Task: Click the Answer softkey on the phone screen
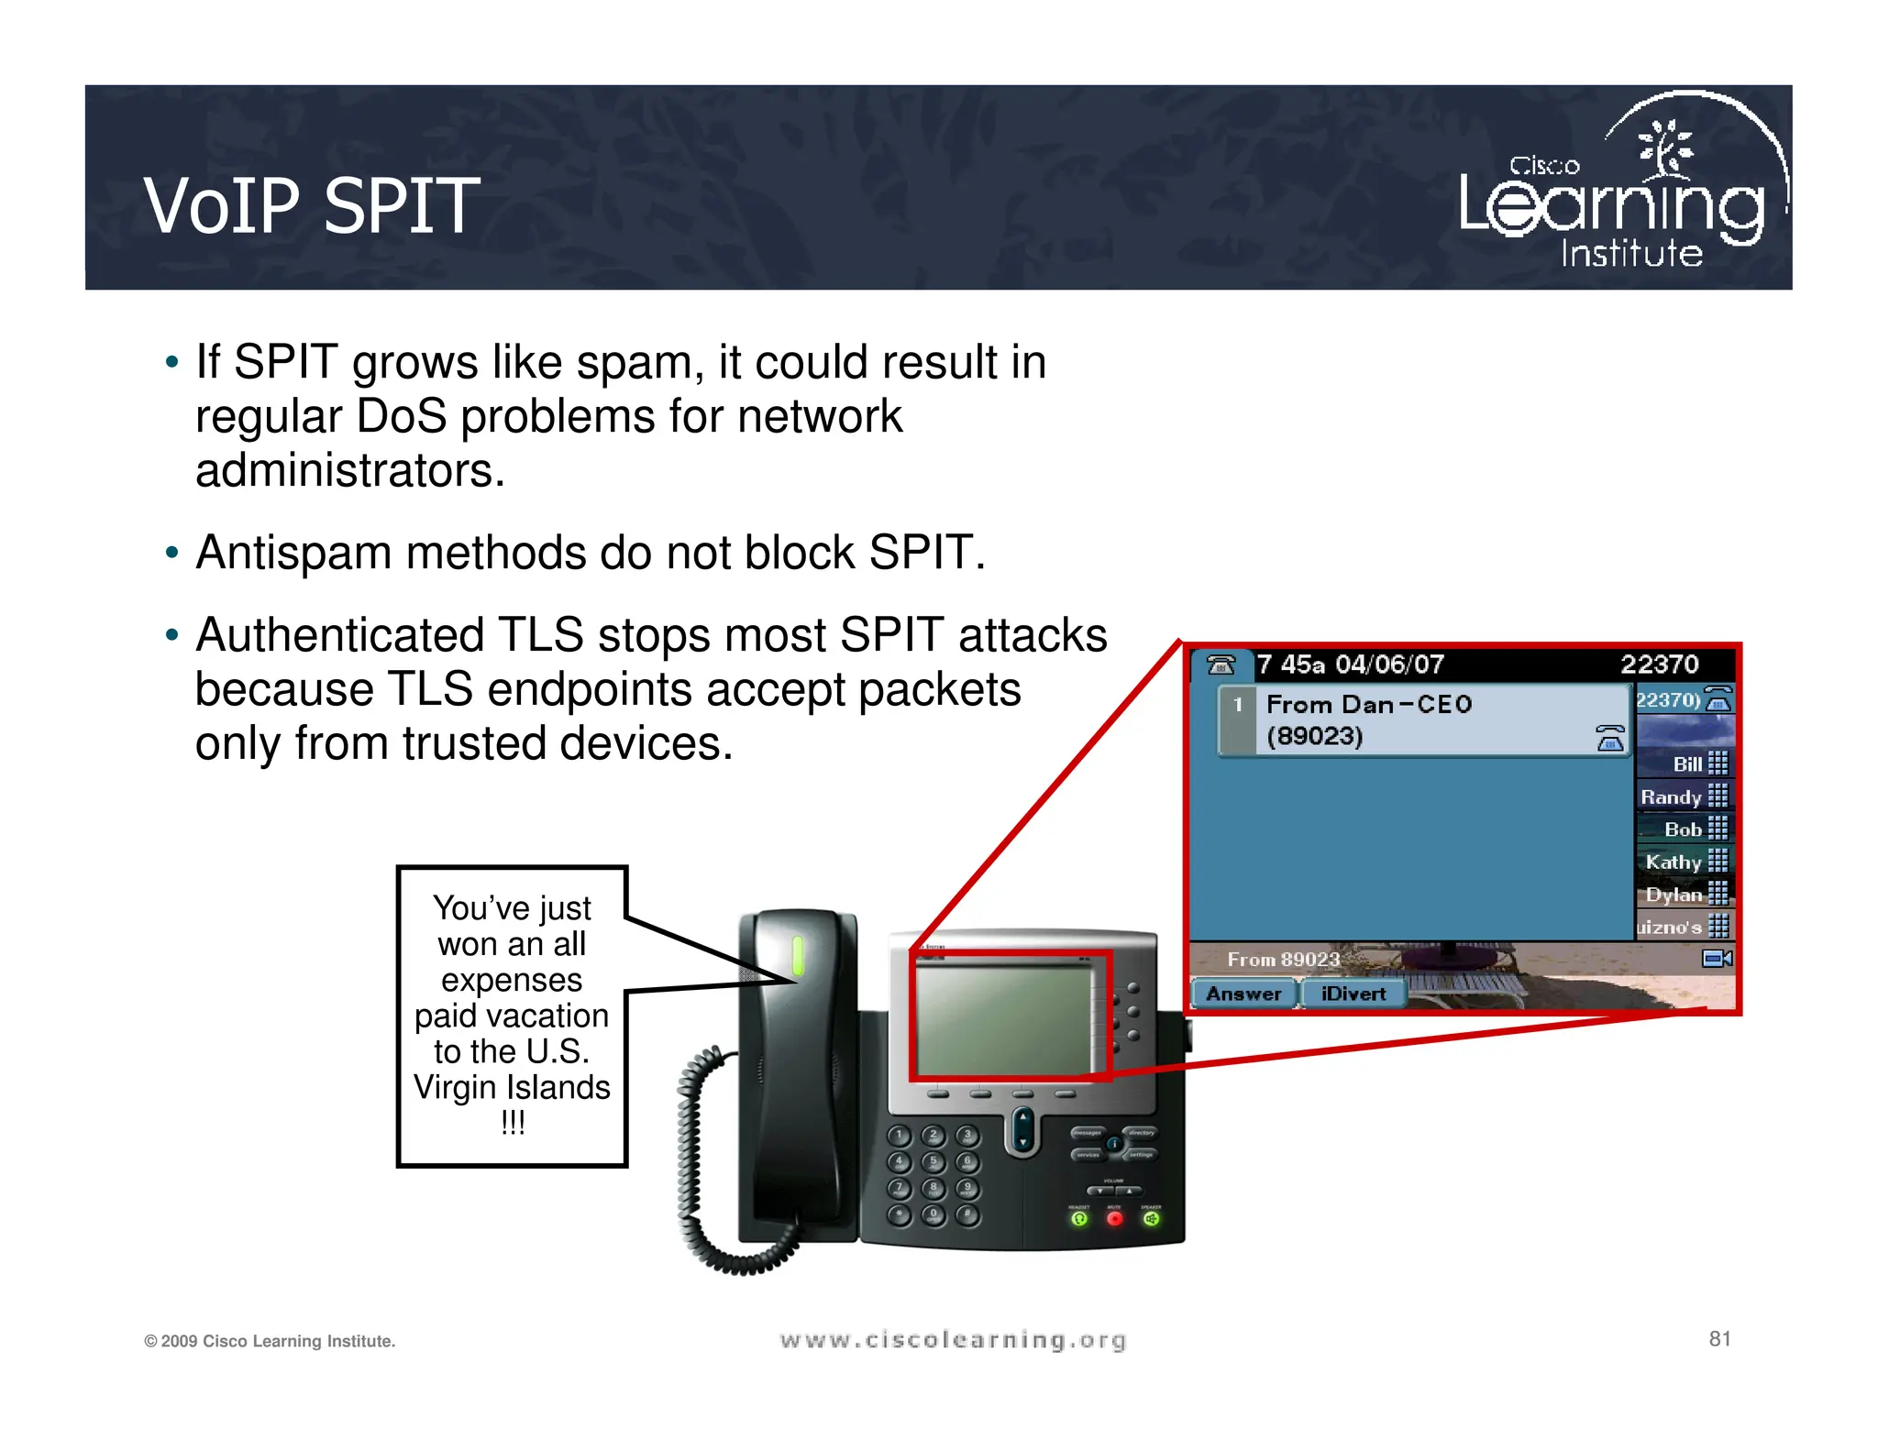[1243, 994]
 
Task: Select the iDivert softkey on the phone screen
[1353, 994]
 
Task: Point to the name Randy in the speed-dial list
[1671, 797]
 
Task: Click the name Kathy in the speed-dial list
[1673, 862]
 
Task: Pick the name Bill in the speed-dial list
[1686, 764]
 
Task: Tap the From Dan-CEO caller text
[1368, 704]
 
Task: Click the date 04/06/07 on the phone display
[1389, 665]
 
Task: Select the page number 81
[1719, 1339]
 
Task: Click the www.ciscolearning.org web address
[953, 1340]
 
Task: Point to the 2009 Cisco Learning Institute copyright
[270, 1341]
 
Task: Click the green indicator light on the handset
[797, 955]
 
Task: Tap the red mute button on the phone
[1114, 1218]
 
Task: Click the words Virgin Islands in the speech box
[512, 1087]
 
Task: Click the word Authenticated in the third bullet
[338, 635]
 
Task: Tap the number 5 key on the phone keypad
[933, 1162]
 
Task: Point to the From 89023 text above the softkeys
[1283, 960]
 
